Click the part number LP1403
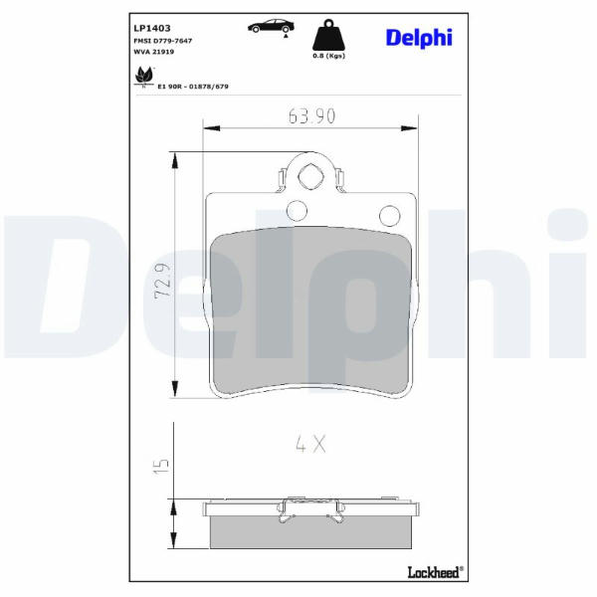[152, 28]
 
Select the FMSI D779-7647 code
[162, 41]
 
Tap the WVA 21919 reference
[154, 52]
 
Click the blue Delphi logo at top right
[419, 38]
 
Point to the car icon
[271, 27]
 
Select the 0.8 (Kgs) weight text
[328, 56]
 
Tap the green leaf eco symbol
[144, 76]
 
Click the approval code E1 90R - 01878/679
[193, 87]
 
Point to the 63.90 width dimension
[311, 116]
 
